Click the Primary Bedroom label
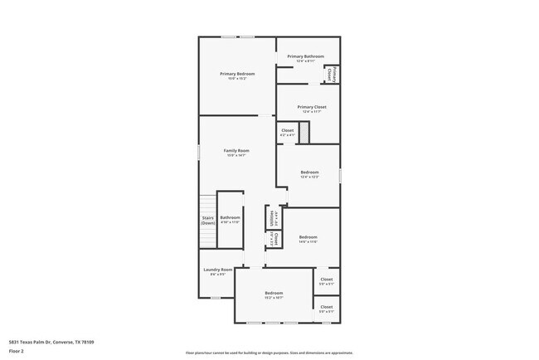(237, 74)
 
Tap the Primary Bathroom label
(305, 56)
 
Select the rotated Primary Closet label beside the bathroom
(330, 74)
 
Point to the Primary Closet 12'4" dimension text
(311, 112)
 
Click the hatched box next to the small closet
(303, 133)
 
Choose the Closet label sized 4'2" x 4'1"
(287, 130)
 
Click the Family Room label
(236, 150)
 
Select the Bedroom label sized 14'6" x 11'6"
(308, 236)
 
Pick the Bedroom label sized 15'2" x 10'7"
(274, 293)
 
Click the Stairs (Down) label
(207, 221)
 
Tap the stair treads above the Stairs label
(207, 203)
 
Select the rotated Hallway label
(272, 217)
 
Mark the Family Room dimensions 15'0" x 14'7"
(236, 155)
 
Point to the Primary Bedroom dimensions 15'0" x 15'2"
(237, 79)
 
